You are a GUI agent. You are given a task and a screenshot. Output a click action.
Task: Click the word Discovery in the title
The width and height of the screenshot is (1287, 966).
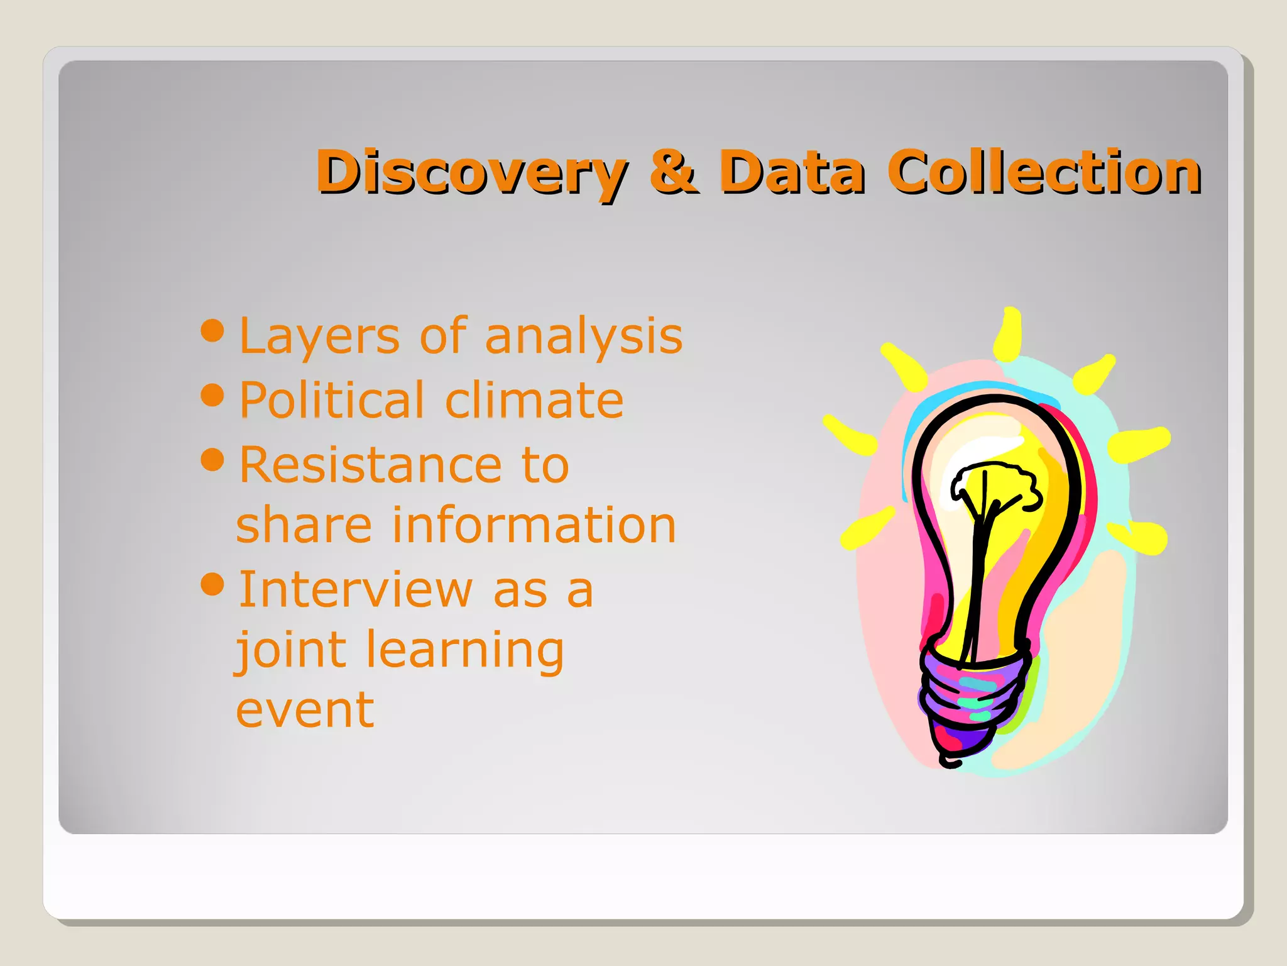471,172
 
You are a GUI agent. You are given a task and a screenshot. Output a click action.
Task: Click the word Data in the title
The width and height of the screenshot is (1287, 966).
792,172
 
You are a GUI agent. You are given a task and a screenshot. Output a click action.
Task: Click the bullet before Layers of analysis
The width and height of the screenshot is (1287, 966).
212,330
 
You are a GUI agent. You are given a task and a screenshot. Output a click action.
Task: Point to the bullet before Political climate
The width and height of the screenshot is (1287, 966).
212,395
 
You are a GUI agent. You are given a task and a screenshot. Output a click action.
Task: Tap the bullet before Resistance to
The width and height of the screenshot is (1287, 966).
212,459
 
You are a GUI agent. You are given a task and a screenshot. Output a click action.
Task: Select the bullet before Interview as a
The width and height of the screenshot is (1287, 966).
212,584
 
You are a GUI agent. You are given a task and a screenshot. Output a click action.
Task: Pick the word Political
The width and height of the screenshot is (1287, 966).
332,400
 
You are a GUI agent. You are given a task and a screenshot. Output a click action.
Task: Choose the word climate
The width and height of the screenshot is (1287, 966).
534,400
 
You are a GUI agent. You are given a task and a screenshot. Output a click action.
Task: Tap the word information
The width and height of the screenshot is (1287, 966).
534,525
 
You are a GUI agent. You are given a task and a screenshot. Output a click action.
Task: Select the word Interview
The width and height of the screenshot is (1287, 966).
355,589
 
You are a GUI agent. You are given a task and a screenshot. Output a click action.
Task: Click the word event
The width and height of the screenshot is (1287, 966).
305,709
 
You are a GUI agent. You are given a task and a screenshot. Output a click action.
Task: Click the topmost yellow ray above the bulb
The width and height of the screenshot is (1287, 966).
1009,333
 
